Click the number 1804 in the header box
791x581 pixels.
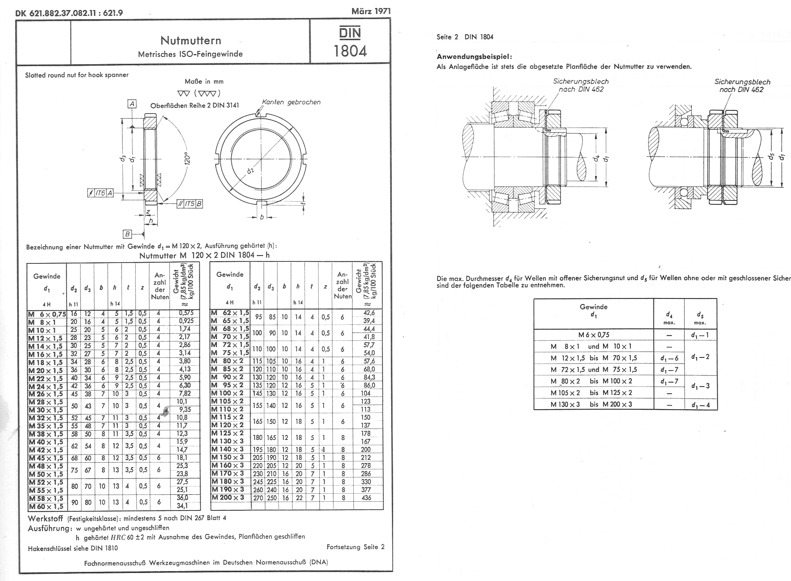pyautogui.click(x=350, y=51)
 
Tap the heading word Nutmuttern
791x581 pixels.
pyautogui.click(x=191, y=40)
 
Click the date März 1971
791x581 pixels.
pyautogui.click(x=371, y=11)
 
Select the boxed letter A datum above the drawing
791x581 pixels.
pyautogui.click(x=132, y=104)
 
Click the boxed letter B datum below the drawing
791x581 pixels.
pyautogui.click(x=128, y=234)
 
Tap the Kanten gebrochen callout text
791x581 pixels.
pyautogui.click(x=291, y=102)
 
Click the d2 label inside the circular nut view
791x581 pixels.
pyautogui.click(x=250, y=171)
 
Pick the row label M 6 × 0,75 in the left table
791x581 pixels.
pyautogui.click(x=47, y=314)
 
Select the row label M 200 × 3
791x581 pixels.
pyautogui.click(x=228, y=497)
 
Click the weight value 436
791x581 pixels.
pyautogui.click(x=366, y=498)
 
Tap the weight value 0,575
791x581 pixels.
pyautogui.click(x=183, y=313)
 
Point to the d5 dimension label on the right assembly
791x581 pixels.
pyautogui.click(x=771, y=156)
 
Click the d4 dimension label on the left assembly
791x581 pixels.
pyautogui.click(x=595, y=158)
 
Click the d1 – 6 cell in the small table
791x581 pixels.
pyautogui.click(x=669, y=358)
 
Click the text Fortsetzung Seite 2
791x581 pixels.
pyautogui.click(x=355, y=547)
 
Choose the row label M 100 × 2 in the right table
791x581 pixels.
pyautogui.click(x=227, y=393)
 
